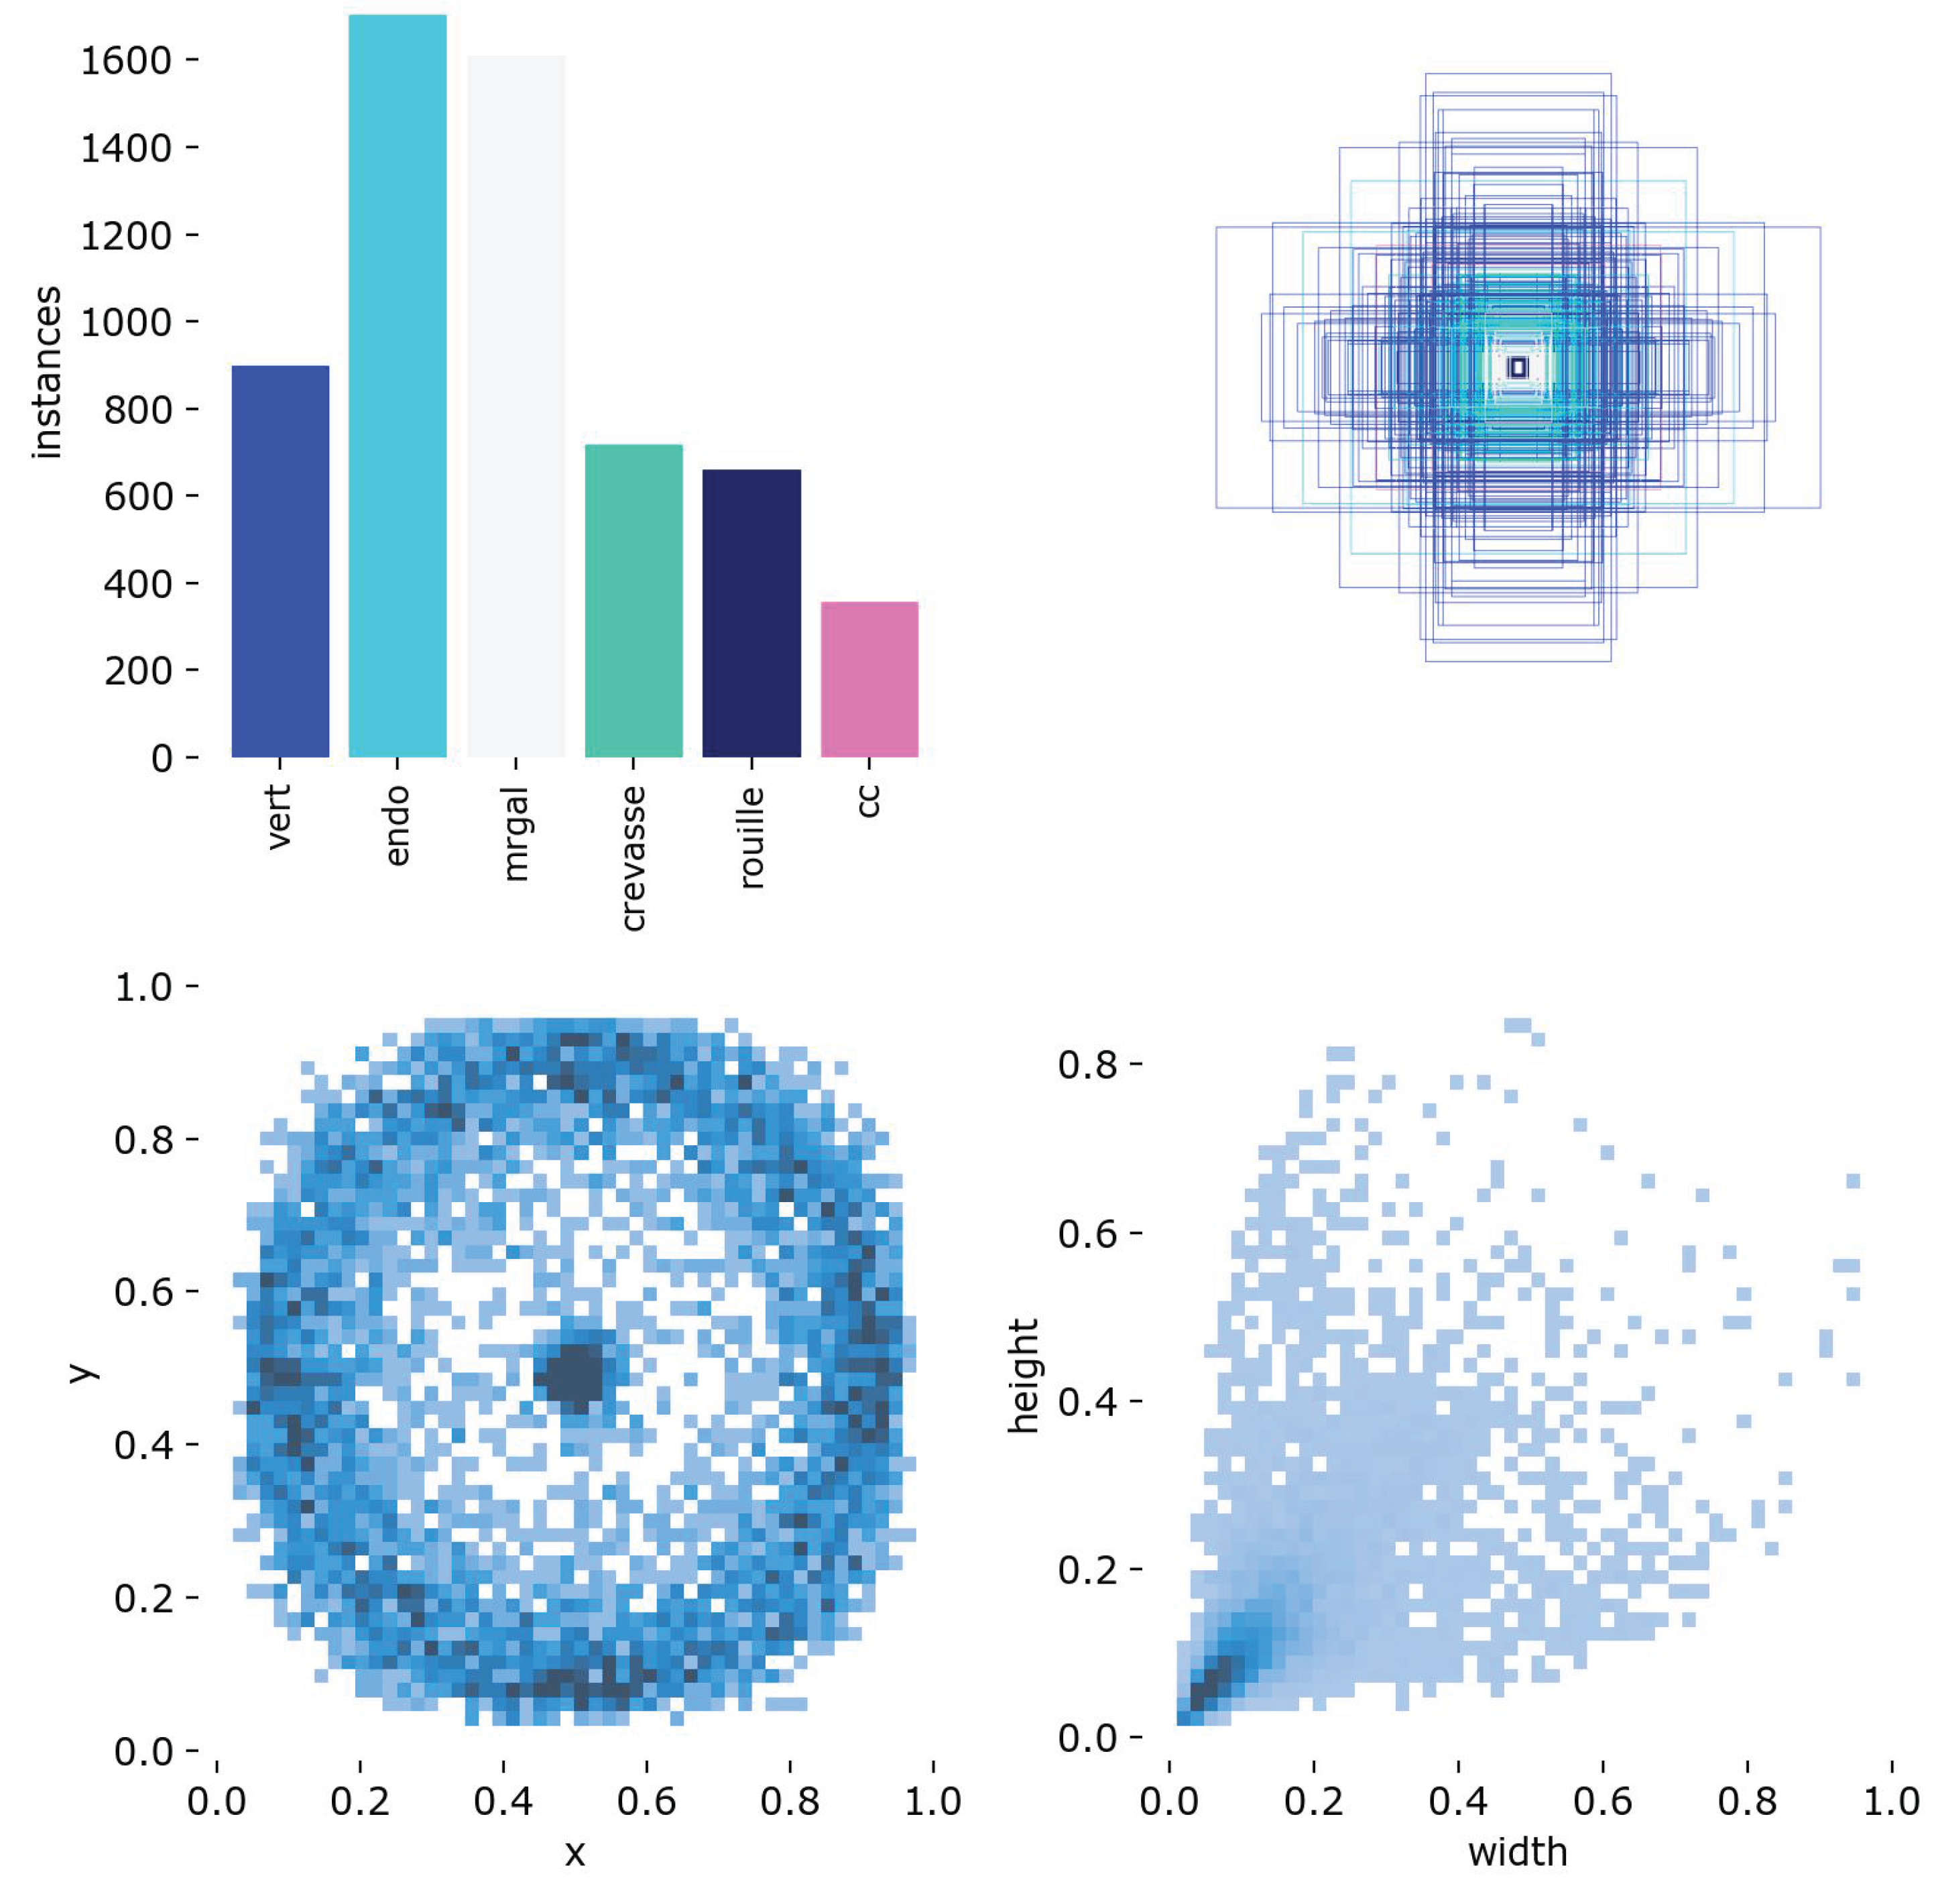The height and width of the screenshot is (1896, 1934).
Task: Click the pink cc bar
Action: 868,679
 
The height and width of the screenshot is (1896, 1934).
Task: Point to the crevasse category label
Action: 633,858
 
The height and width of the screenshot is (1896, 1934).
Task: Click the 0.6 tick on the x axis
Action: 646,1799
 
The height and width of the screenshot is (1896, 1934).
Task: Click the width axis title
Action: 1517,1851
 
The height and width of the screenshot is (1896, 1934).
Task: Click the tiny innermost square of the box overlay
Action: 1517,367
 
